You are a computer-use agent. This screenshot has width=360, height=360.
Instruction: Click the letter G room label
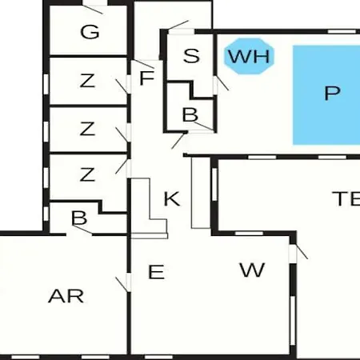tap(90, 32)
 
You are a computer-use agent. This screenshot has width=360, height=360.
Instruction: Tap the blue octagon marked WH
tap(249, 56)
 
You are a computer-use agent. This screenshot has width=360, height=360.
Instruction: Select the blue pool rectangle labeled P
tap(326, 95)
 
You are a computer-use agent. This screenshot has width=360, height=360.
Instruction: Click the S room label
tap(191, 56)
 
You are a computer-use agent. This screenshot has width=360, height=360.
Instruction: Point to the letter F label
tap(147, 78)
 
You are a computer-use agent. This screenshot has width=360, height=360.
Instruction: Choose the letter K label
tap(172, 198)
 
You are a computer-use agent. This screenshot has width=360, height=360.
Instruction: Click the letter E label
tap(156, 272)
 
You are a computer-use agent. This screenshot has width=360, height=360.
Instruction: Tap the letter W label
tap(252, 270)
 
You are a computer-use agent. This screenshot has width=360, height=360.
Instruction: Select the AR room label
tap(66, 296)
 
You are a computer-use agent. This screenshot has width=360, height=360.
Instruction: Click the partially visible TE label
tap(346, 198)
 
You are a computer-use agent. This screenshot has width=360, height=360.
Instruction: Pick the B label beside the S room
tap(190, 114)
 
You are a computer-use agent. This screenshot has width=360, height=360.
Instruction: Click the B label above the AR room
tap(79, 218)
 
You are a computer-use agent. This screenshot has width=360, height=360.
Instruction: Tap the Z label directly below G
tap(87, 81)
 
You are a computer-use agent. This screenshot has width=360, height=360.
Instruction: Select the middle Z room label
tap(87, 129)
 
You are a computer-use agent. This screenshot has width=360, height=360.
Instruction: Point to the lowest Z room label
tap(87, 174)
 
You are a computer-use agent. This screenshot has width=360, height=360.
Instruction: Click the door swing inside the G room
tap(93, 10)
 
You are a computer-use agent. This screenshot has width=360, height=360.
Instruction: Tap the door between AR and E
tap(122, 285)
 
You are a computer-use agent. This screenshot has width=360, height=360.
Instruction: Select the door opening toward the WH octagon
tap(222, 83)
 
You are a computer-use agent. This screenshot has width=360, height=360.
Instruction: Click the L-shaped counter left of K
tap(150, 208)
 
